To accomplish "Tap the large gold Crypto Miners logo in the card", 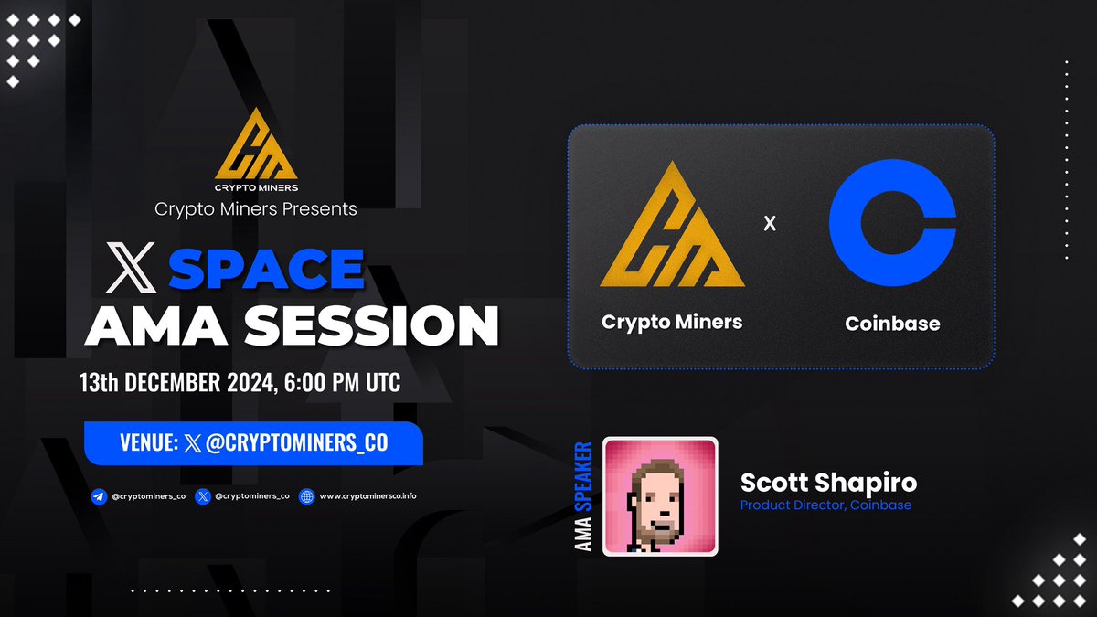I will point(671,225).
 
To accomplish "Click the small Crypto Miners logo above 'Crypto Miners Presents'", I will point(256,146).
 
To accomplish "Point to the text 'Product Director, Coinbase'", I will point(825,505).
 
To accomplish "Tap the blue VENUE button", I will point(253,443).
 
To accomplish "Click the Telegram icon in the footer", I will point(98,496).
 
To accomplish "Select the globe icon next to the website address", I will point(307,496).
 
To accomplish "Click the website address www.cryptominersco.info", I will point(367,496).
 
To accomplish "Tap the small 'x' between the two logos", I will point(770,222).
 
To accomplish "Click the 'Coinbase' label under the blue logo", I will point(892,323).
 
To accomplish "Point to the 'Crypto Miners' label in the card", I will point(672,322).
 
